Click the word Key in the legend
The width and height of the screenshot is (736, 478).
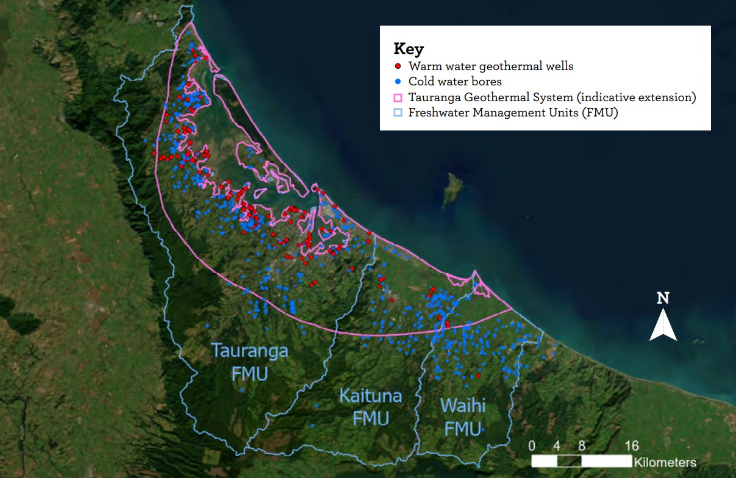click(x=409, y=49)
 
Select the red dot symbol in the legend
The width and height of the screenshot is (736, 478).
click(x=398, y=66)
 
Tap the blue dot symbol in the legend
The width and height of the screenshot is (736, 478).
click(x=398, y=81)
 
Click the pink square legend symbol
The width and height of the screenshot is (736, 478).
click(x=398, y=98)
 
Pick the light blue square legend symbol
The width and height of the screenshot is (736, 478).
click(x=398, y=113)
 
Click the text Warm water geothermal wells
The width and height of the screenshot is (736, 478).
click(x=491, y=66)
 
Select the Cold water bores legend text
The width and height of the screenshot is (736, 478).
click(x=455, y=81)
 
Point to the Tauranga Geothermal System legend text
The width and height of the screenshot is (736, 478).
click(x=552, y=98)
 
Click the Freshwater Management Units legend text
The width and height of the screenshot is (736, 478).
click(x=513, y=113)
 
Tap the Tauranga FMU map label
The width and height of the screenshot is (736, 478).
click(x=249, y=362)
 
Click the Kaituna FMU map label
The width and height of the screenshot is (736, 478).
click(x=371, y=407)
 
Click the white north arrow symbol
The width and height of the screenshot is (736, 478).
click(x=663, y=325)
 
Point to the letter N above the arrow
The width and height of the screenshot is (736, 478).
click(x=663, y=298)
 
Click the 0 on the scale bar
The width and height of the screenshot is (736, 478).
click(x=532, y=445)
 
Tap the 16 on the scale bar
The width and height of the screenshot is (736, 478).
click(x=632, y=445)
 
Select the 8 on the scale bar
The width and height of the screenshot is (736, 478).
click(x=582, y=445)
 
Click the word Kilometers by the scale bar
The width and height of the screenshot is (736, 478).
click(x=665, y=462)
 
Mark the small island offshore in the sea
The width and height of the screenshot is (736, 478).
click(x=452, y=189)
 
